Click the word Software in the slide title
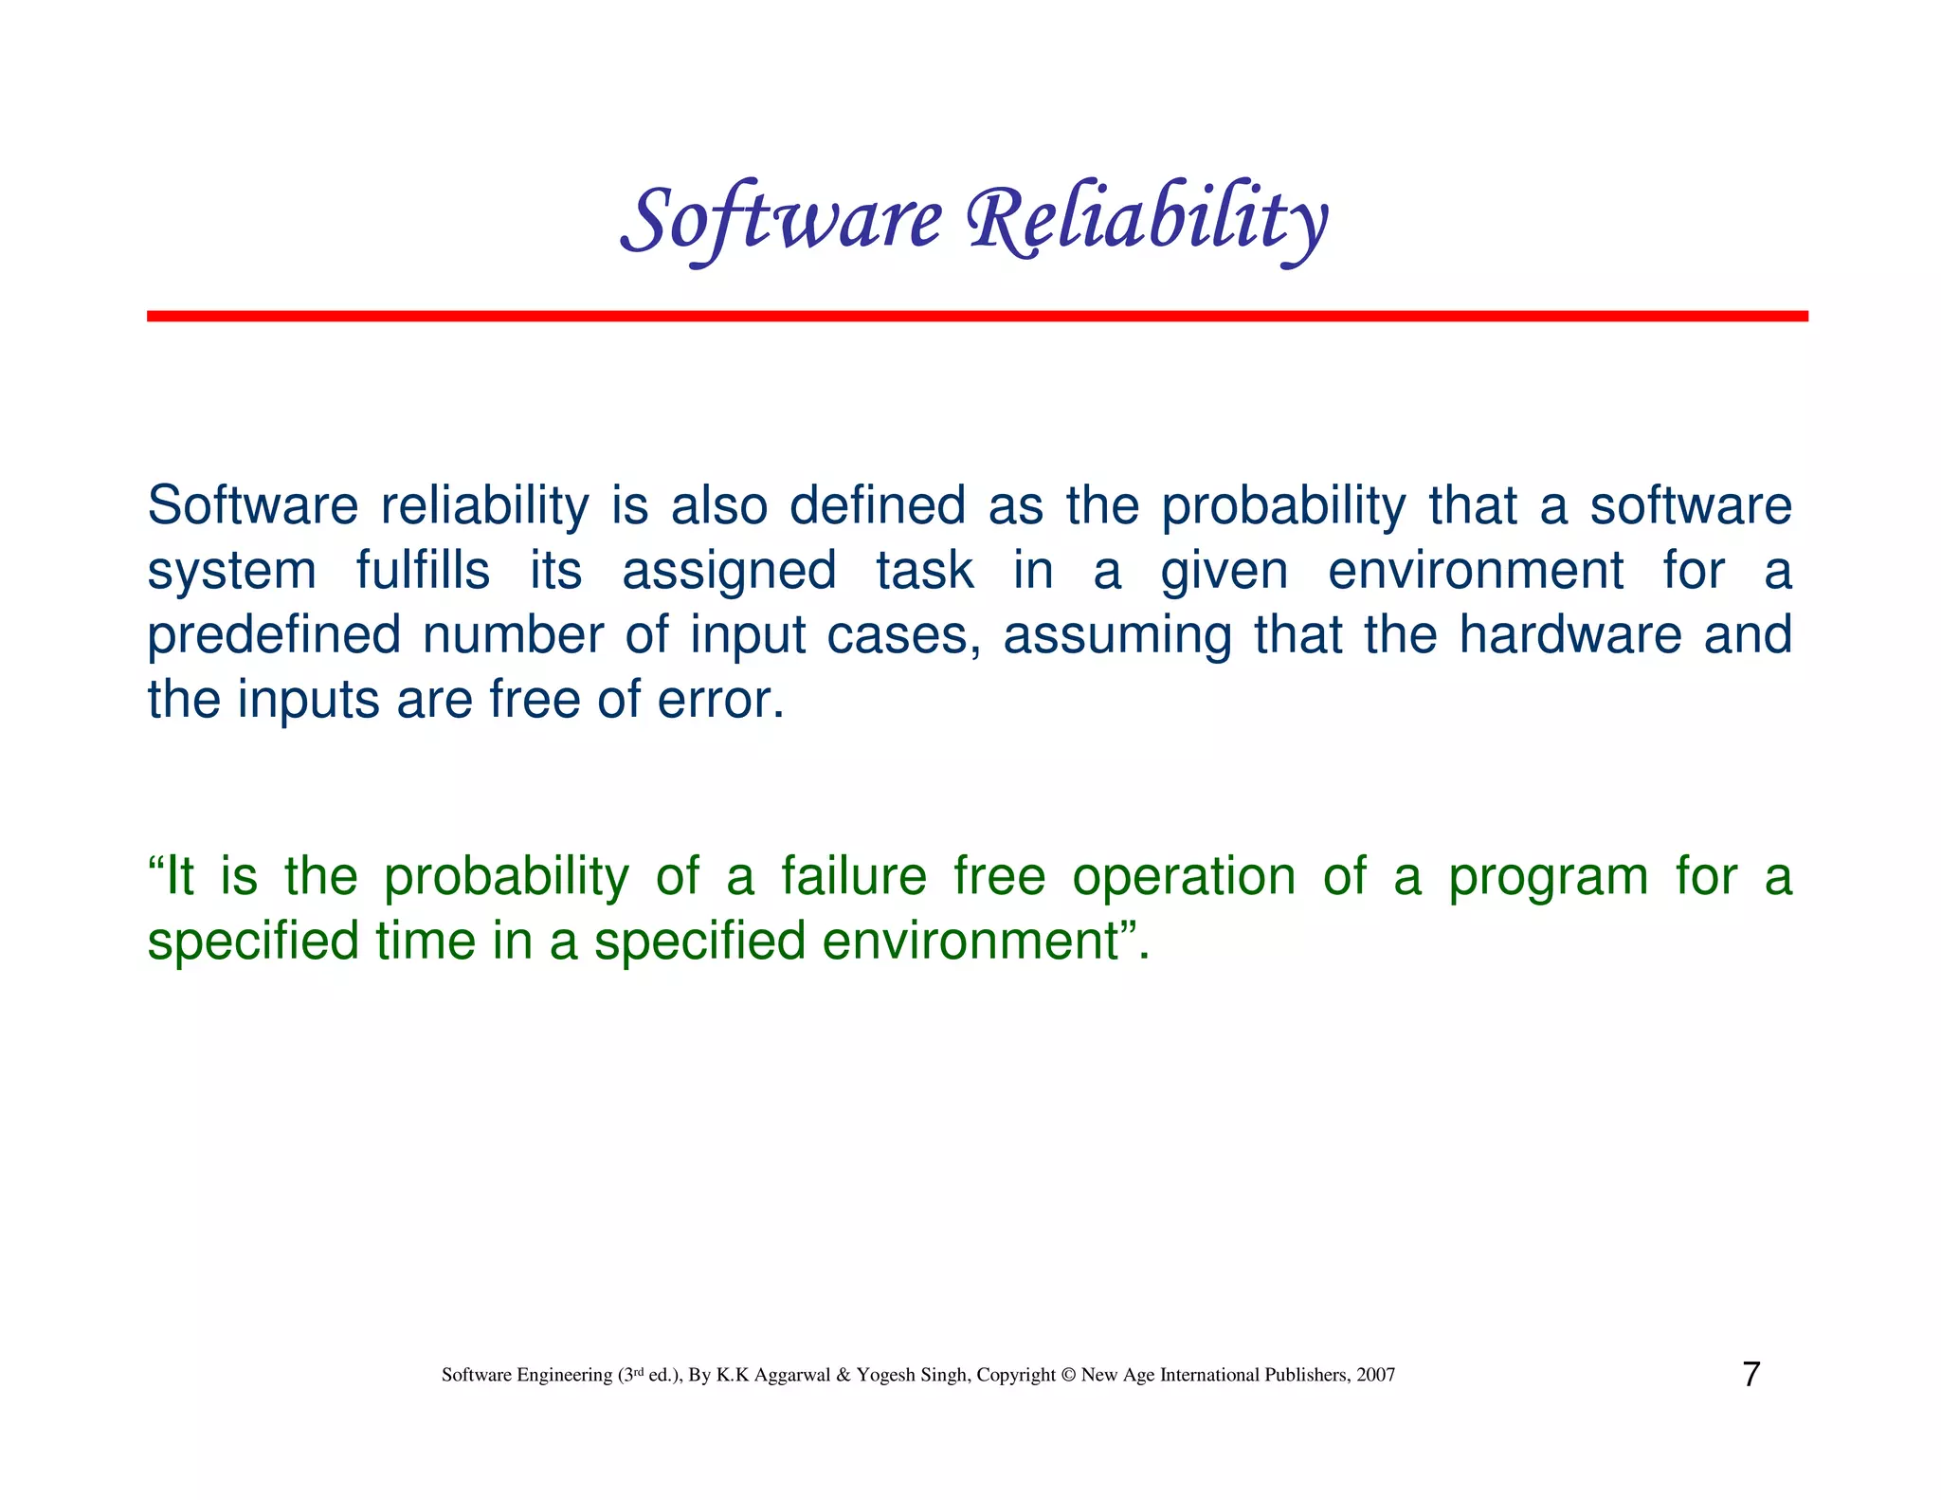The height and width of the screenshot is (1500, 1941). (x=782, y=220)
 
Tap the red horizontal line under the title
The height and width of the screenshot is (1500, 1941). (x=976, y=316)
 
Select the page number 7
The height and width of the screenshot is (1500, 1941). (x=1751, y=1374)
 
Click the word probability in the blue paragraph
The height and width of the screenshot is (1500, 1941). (x=1283, y=507)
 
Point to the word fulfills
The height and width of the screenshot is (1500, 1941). (x=423, y=571)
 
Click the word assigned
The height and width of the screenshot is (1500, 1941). (x=729, y=572)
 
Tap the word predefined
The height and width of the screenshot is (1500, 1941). (x=274, y=635)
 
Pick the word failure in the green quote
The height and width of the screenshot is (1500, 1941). (x=854, y=876)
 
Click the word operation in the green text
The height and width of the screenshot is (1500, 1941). (x=1184, y=878)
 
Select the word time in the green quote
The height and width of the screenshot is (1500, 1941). (x=425, y=941)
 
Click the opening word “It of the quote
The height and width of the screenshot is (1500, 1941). (x=172, y=876)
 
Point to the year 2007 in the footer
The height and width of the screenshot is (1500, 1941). (x=1375, y=1375)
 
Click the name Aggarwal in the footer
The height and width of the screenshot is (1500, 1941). (x=792, y=1376)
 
